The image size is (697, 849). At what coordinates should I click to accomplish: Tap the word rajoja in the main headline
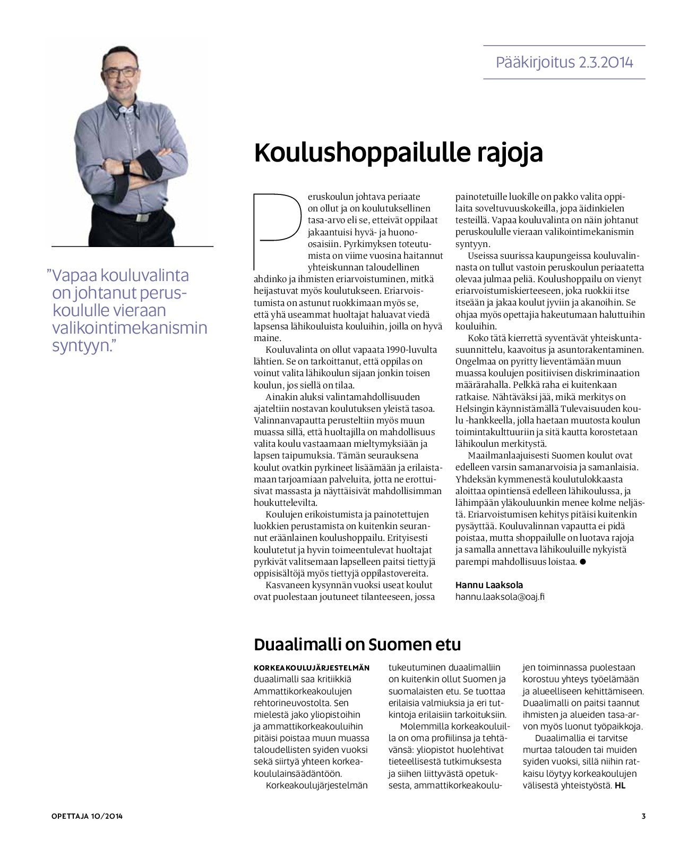point(510,153)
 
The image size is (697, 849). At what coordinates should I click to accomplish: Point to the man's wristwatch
point(126,167)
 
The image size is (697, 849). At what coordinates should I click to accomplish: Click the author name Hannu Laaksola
point(489,585)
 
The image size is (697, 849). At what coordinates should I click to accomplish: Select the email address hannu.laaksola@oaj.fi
point(500,597)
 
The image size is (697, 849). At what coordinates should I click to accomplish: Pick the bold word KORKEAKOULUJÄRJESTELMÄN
point(312,668)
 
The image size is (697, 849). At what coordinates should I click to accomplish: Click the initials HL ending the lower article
point(620,785)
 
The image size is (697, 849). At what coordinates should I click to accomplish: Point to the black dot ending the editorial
point(583,562)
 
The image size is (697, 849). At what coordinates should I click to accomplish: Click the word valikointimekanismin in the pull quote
point(130,328)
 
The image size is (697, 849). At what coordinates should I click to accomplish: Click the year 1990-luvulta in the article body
point(414,350)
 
